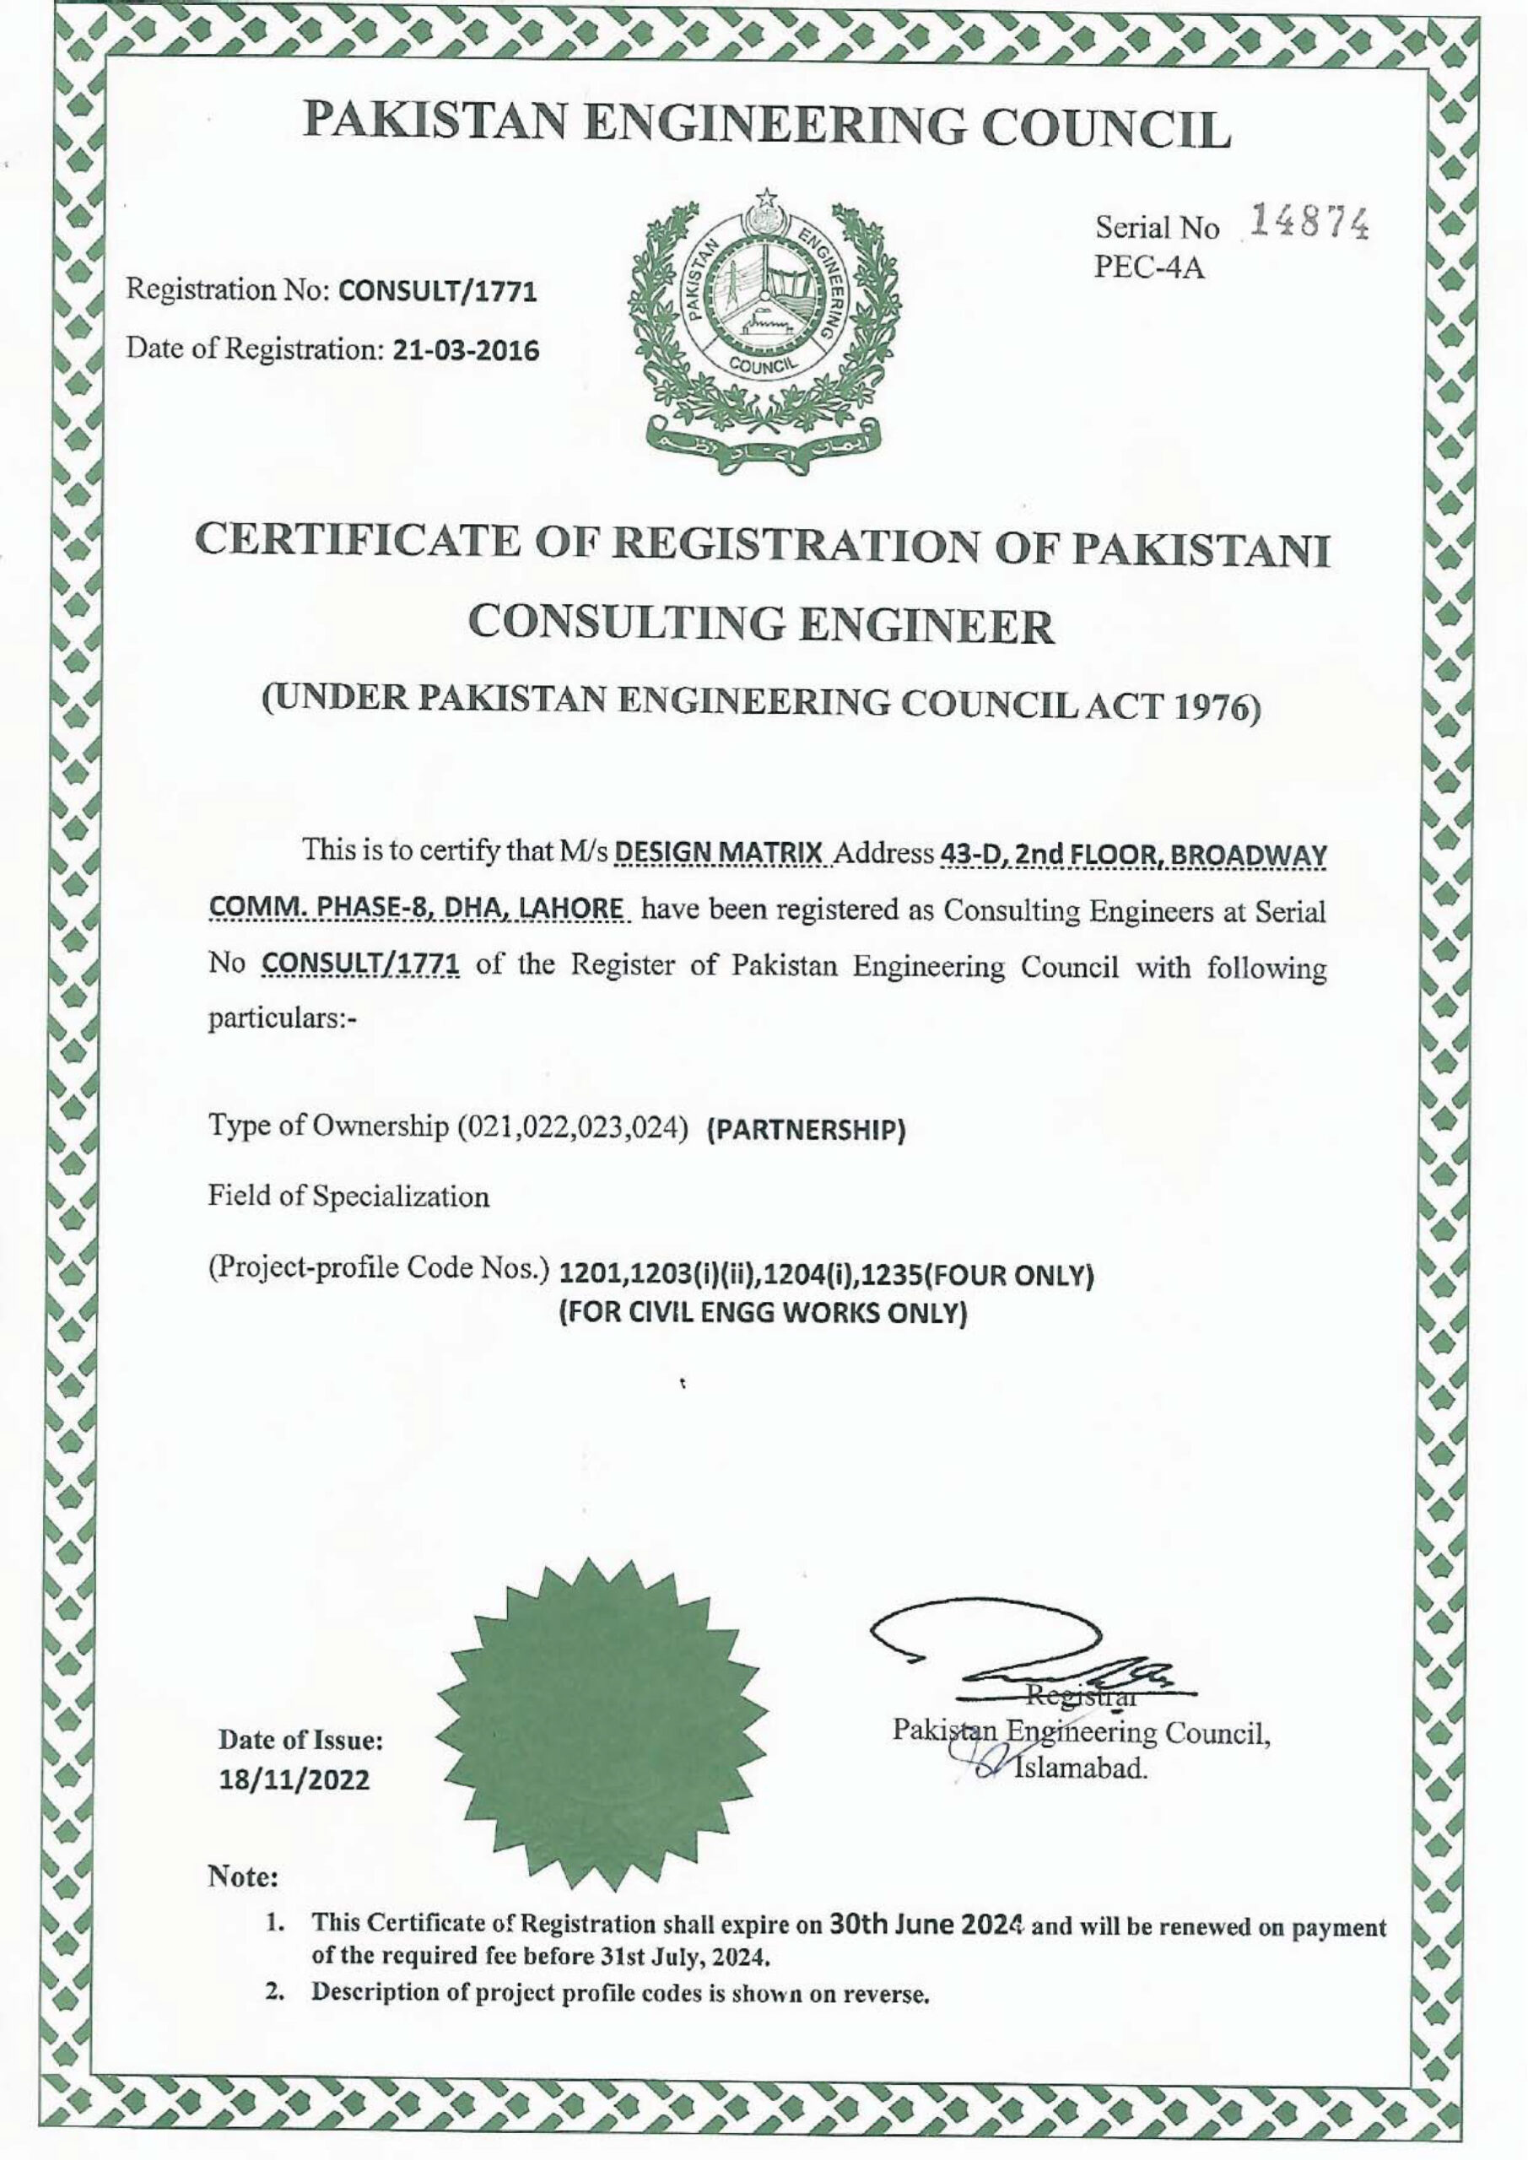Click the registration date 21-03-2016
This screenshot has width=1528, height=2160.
point(465,352)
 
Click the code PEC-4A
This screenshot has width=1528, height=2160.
point(1149,269)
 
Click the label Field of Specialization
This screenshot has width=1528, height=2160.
point(348,1196)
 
